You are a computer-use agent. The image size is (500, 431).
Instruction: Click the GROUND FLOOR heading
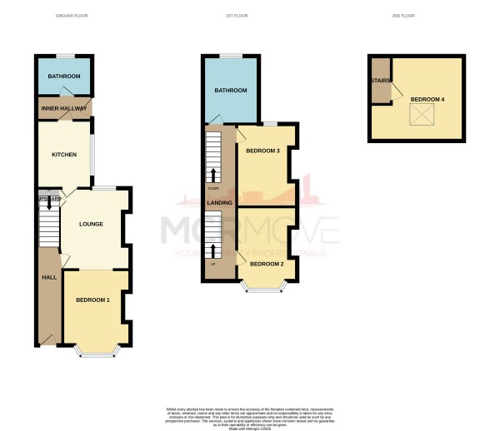tap(72, 16)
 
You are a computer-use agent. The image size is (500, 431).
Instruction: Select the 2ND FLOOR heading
tap(403, 16)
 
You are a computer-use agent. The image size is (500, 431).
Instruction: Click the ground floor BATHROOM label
tap(62, 80)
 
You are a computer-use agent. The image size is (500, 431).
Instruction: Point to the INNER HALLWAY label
tap(63, 107)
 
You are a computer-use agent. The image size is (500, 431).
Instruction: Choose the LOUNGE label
tap(90, 224)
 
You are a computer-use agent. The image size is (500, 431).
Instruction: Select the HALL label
tap(48, 279)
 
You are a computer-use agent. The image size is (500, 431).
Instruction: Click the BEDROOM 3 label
tap(262, 151)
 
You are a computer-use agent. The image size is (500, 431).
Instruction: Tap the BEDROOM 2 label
tap(267, 264)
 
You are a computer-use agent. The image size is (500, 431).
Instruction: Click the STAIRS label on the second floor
tap(381, 81)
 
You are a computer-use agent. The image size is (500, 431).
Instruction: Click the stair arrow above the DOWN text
tap(214, 175)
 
